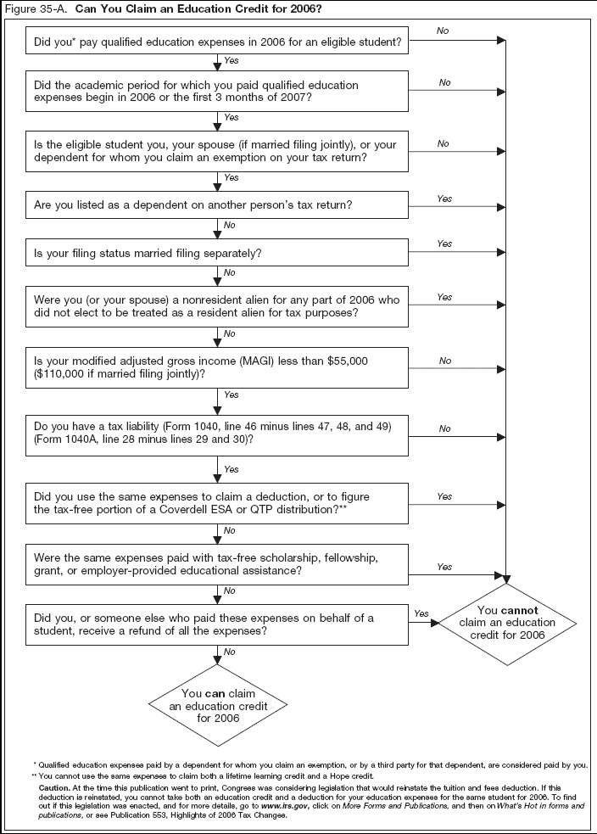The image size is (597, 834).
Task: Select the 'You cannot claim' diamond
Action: pyautogui.click(x=506, y=623)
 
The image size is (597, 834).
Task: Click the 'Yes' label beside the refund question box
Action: pyautogui.click(x=421, y=613)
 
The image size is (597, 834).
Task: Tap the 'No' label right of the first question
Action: pyautogui.click(x=443, y=30)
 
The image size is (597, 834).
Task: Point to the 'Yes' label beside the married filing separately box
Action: pyautogui.click(x=444, y=243)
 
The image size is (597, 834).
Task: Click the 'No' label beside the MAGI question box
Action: pyautogui.click(x=444, y=361)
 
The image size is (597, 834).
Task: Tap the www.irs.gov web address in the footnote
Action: pyautogui.click(x=297, y=804)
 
